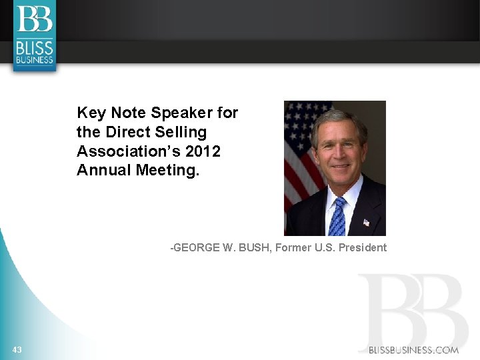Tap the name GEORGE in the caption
tap(195, 248)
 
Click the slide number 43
tap(17, 350)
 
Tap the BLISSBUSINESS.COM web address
tap(414, 350)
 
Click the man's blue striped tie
tap(338, 217)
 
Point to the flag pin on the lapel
tap(366, 222)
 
